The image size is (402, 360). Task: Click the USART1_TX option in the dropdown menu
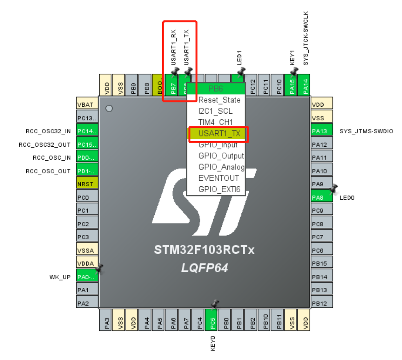click(219, 134)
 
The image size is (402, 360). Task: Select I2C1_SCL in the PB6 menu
click(215, 111)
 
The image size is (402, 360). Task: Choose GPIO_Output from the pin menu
click(221, 156)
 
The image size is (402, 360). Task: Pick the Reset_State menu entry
click(219, 100)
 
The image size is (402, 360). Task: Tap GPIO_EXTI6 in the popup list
click(219, 189)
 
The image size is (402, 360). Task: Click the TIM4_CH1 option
click(215, 122)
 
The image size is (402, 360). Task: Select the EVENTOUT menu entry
click(218, 178)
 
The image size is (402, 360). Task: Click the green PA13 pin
click(322, 131)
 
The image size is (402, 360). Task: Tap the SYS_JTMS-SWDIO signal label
click(366, 131)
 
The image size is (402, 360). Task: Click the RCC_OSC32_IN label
click(48, 131)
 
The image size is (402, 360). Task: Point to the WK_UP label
click(60, 277)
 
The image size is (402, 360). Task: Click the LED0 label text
click(347, 198)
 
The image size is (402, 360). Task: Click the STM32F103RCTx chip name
click(204, 250)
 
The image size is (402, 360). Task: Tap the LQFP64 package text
click(204, 268)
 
